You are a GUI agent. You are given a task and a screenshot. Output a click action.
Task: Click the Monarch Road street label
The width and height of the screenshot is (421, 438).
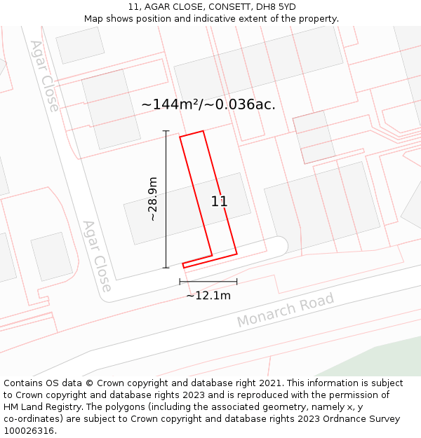(285, 310)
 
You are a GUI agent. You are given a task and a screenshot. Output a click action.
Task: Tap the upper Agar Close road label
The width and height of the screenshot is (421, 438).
(44, 76)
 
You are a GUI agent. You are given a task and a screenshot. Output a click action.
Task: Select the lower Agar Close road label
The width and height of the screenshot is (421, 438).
(97, 256)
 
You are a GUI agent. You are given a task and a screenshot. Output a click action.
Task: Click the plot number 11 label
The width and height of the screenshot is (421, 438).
(219, 202)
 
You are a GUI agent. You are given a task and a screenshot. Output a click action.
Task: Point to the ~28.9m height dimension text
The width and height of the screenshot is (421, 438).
(152, 199)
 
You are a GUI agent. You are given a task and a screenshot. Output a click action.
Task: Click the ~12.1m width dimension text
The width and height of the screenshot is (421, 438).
(208, 296)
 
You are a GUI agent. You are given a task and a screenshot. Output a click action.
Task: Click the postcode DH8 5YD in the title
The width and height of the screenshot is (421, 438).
(276, 7)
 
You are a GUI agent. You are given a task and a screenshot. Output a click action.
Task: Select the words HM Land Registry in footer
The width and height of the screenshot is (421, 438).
(39, 407)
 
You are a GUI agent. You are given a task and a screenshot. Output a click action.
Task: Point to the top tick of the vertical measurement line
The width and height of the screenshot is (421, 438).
(166, 131)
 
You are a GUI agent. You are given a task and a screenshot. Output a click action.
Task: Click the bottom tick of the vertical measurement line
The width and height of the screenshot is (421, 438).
(166, 268)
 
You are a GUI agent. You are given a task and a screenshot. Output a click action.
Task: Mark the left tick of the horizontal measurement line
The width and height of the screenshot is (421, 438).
(180, 282)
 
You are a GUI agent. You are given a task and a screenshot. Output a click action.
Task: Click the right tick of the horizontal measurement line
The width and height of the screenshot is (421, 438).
(236, 282)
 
